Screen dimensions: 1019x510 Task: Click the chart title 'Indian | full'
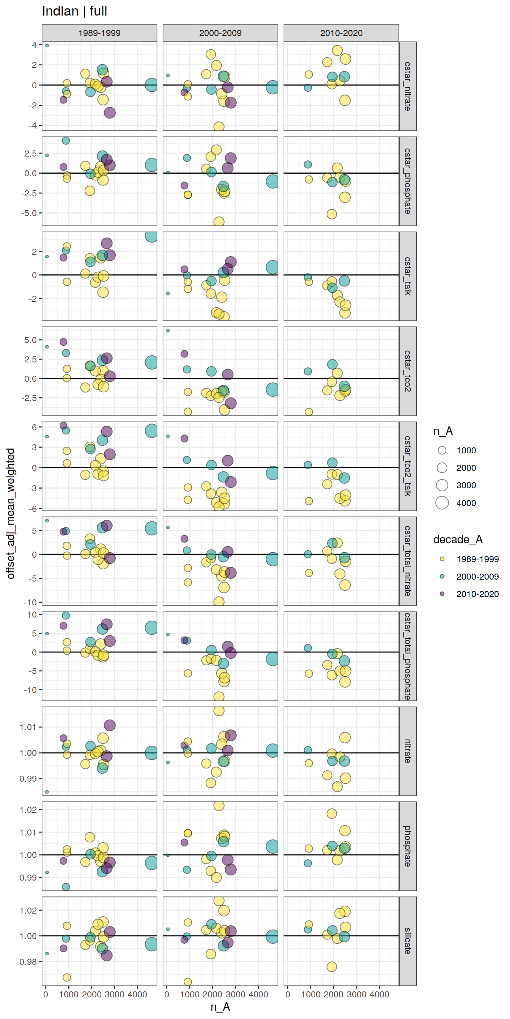tap(74, 11)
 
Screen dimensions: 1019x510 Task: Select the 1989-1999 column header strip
tap(99, 33)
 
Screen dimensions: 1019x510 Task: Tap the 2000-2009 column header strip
tap(220, 33)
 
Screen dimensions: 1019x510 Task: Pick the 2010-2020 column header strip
tap(341, 33)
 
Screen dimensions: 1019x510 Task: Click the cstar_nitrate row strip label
tap(408, 86)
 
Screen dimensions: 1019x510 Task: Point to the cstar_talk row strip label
tap(408, 276)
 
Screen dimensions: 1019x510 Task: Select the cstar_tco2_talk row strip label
tap(408, 466)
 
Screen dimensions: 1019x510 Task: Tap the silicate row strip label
tap(408, 941)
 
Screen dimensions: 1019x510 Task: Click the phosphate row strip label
tap(408, 846)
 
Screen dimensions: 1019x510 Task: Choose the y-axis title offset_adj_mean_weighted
tap(11, 513)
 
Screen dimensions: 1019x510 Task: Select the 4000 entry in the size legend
tap(466, 503)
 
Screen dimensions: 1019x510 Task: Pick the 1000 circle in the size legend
tap(442, 450)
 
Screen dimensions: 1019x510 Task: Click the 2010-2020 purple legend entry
tap(477, 594)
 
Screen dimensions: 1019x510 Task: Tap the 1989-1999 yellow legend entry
tap(477, 559)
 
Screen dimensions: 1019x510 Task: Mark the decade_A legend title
tap(458, 539)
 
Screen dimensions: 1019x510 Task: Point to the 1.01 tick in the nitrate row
tap(28, 727)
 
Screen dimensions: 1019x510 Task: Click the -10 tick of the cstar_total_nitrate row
tap(30, 602)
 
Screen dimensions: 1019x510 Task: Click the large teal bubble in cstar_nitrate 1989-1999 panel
tap(151, 85)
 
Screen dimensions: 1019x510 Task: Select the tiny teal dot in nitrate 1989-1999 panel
tap(47, 792)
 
